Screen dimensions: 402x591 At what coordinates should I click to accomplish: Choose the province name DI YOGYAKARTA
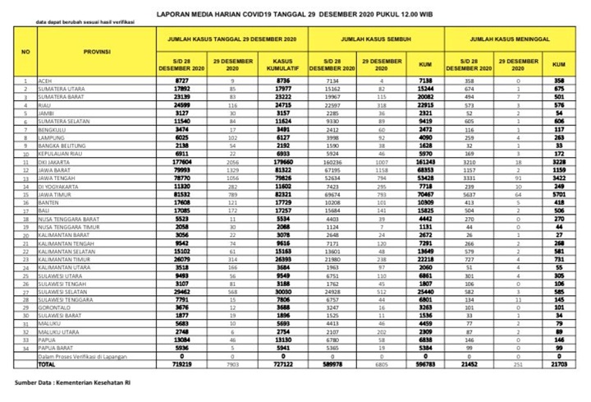[x=60, y=187]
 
